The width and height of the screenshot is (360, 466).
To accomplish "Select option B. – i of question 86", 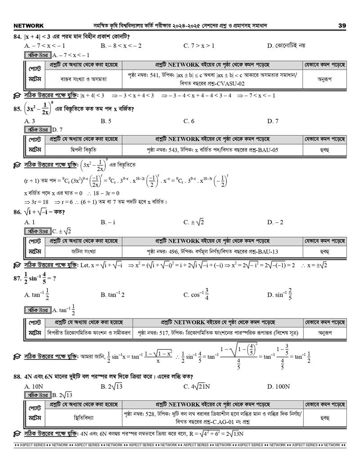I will pos(108,222).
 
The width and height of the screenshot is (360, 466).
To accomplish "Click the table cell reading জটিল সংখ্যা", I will pos(84,251).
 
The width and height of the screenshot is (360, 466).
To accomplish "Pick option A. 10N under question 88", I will pos(34,386).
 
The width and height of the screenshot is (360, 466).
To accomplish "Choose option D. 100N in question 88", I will pos(278,386).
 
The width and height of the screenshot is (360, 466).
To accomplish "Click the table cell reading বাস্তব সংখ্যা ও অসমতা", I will pos(84,79).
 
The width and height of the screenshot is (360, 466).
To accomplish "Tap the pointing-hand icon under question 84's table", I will pos(17,95).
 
